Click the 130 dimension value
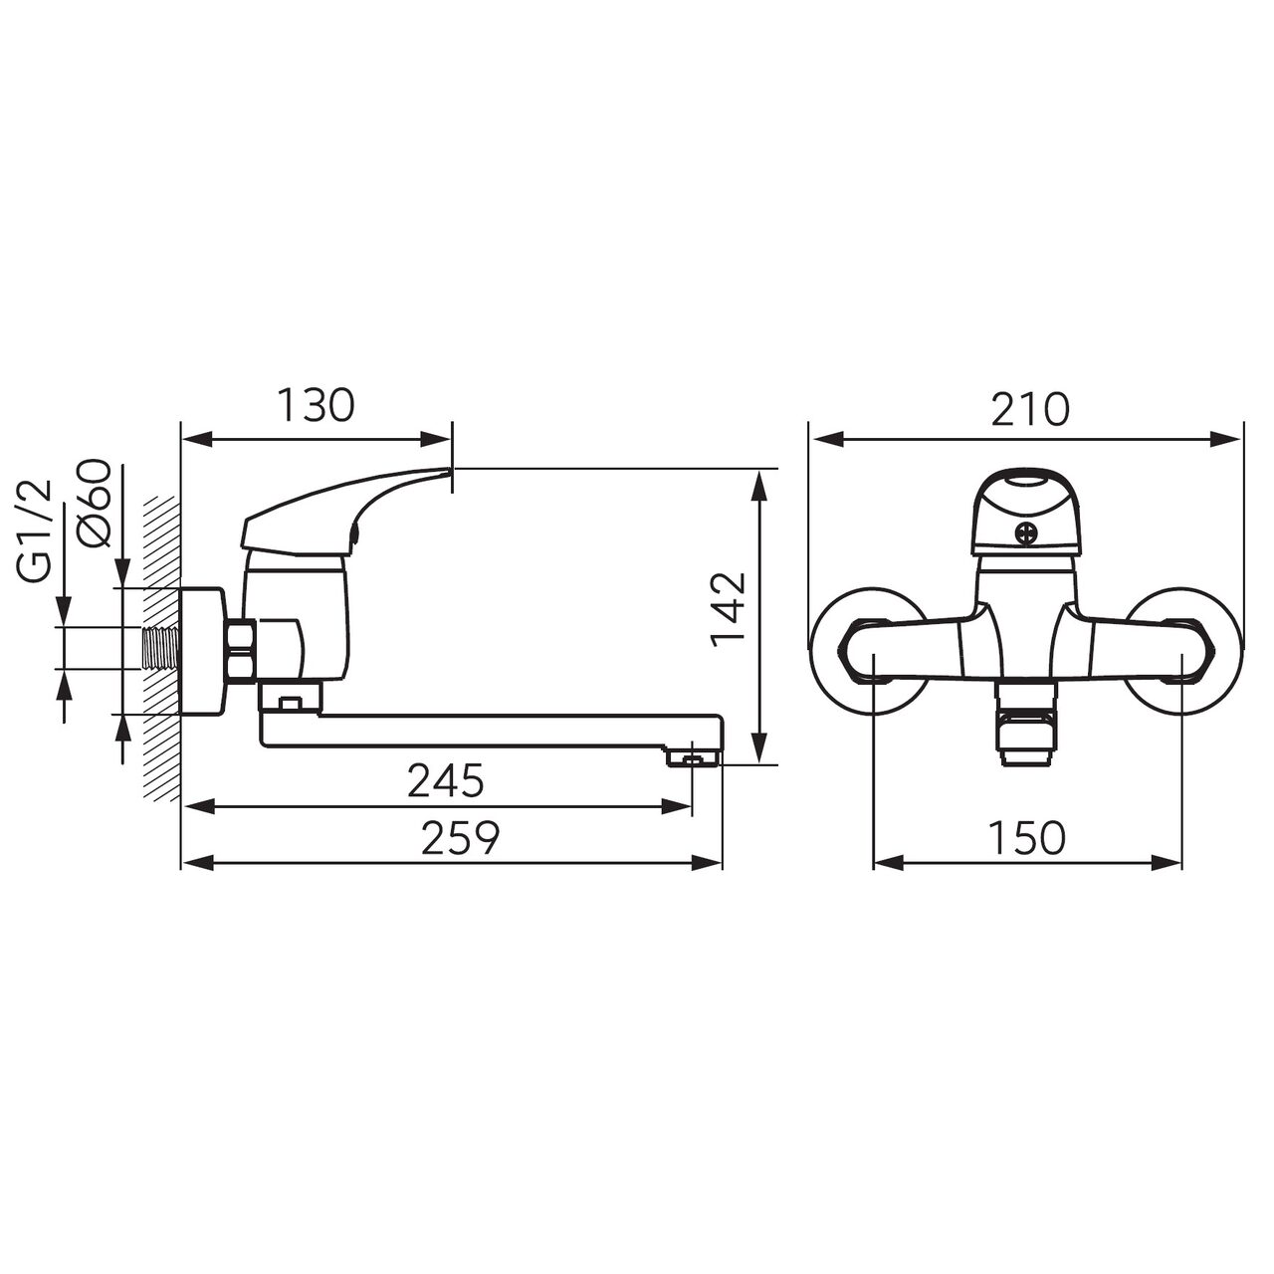315,406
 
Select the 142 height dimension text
732,609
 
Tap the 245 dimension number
445,781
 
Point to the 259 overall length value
459,838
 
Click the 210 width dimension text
1029,409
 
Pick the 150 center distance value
1027,838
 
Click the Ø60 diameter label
95,503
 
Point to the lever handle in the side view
338,510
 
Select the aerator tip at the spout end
694,759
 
